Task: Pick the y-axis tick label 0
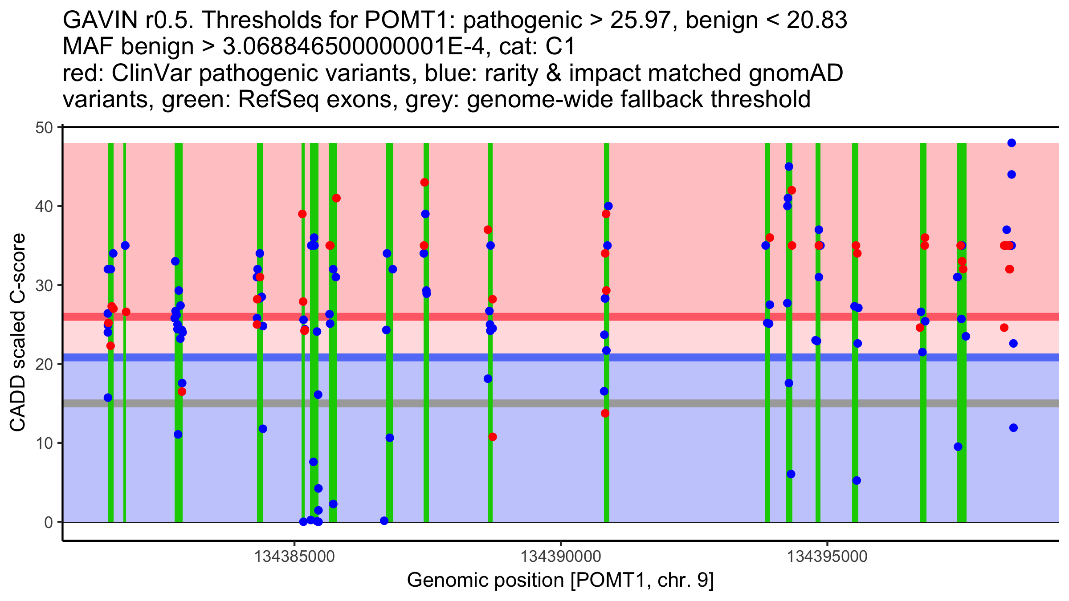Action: click(48, 522)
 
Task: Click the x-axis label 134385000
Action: click(294, 556)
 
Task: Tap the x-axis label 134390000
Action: click(561, 556)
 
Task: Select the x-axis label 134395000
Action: click(828, 556)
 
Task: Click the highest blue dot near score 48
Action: click(1012, 143)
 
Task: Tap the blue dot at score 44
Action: click(1012, 175)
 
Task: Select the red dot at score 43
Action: click(424, 183)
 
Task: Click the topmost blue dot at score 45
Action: click(789, 167)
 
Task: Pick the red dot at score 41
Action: click(336, 198)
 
